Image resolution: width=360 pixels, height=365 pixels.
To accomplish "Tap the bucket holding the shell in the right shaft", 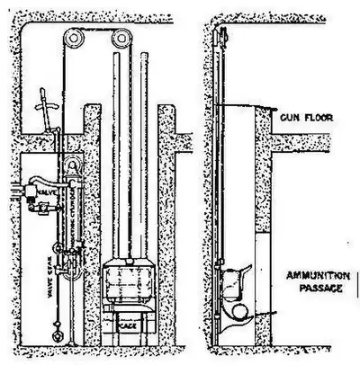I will point(235,289).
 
